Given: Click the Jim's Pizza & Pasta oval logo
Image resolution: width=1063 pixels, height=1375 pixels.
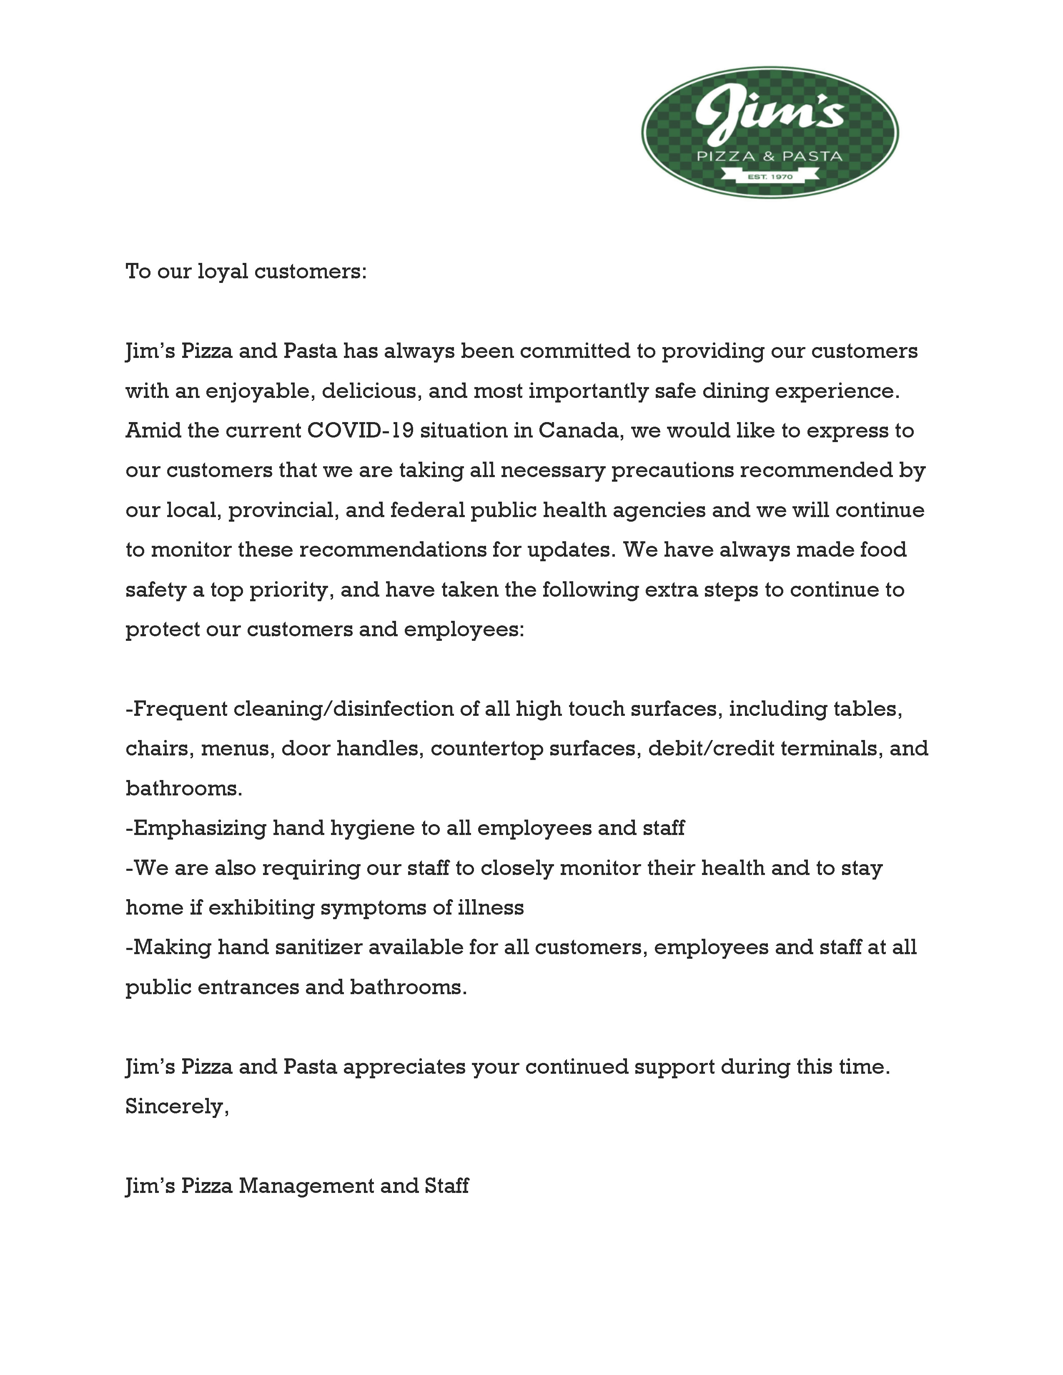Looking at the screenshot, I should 770,132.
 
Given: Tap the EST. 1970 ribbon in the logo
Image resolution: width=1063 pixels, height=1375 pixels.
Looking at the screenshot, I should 770,177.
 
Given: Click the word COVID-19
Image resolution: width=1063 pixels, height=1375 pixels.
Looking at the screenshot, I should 360,431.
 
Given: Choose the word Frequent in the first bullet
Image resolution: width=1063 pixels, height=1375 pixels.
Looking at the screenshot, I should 180,709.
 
